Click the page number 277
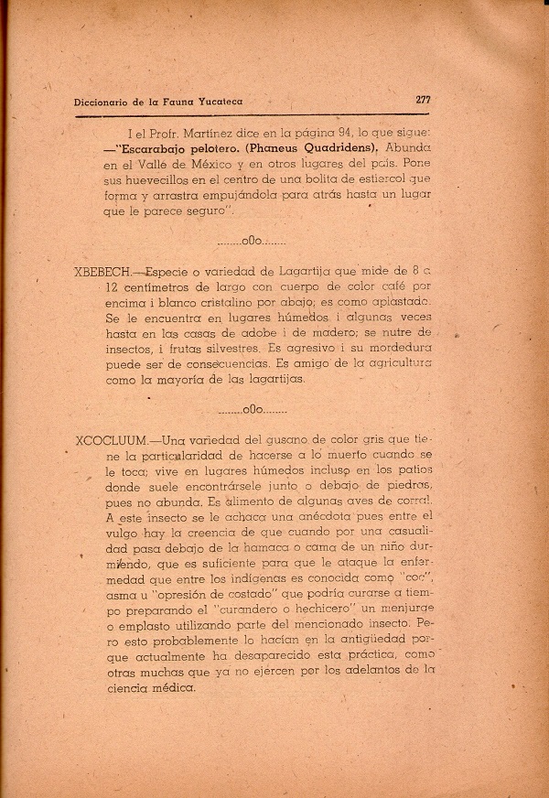tap(423, 101)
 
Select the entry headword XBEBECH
tap(102, 272)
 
